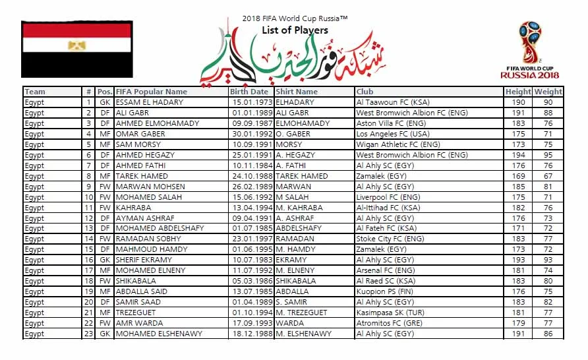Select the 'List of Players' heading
pyautogui.click(x=295, y=30)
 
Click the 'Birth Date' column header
pyautogui.click(x=250, y=92)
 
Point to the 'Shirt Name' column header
pyautogui.click(x=297, y=92)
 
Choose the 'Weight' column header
pyautogui.click(x=548, y=92)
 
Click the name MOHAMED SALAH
pyautogui.click(x=146, y=197)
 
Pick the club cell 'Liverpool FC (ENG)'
pyautogui.click(x=388, y=197)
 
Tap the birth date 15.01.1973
pyautogui.click(x=250, y=102)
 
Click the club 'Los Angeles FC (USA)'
pyautogui.click(x=392, y=134)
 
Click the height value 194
pyautogui.click(x=519, y=155)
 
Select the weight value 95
pyautogui.click(x=548, y=155)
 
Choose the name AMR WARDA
pyautogui.click(x=139, y=323)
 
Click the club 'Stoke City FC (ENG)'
pyautogui.click(x=390, y=239)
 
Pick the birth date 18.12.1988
pyautogui.click(x=250, y=334)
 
